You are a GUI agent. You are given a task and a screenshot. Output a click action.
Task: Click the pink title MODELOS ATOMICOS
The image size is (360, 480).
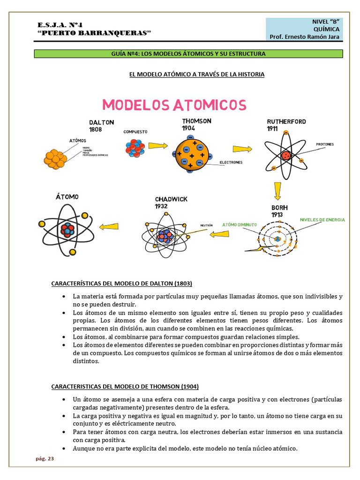point(174,105)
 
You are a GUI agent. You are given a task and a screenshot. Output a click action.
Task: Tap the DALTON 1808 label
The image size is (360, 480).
point(102,126)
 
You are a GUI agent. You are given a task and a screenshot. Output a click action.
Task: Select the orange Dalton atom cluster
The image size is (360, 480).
point(55,158)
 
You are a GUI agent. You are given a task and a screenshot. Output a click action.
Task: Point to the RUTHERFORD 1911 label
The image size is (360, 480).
point(286,125)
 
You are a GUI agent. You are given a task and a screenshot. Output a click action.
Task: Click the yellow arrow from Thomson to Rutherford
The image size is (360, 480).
point(242,149)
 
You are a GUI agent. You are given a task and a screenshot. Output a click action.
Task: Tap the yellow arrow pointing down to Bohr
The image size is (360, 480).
point(278,190)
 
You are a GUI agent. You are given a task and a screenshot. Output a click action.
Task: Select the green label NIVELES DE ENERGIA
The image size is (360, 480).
point(322,219)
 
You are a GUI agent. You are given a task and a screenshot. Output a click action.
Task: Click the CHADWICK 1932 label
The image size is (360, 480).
point(171,202)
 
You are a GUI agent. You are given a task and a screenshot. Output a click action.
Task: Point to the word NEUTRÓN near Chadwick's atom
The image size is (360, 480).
point(206,225)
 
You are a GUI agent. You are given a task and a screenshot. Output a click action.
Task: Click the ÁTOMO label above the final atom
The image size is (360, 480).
point(67,197)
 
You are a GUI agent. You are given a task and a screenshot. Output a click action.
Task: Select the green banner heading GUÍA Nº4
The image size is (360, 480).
point(188,54)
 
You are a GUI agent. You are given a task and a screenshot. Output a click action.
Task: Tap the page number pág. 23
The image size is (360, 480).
point(45,459)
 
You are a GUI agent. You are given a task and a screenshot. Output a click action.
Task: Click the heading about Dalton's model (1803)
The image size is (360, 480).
point(121,284)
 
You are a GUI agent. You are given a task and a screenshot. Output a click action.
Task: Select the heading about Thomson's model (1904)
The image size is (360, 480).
point(125,387)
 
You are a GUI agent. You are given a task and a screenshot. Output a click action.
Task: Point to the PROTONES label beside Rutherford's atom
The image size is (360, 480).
point(325,144)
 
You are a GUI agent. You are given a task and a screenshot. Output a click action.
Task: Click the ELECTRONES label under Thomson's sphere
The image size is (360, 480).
point(231,162)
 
